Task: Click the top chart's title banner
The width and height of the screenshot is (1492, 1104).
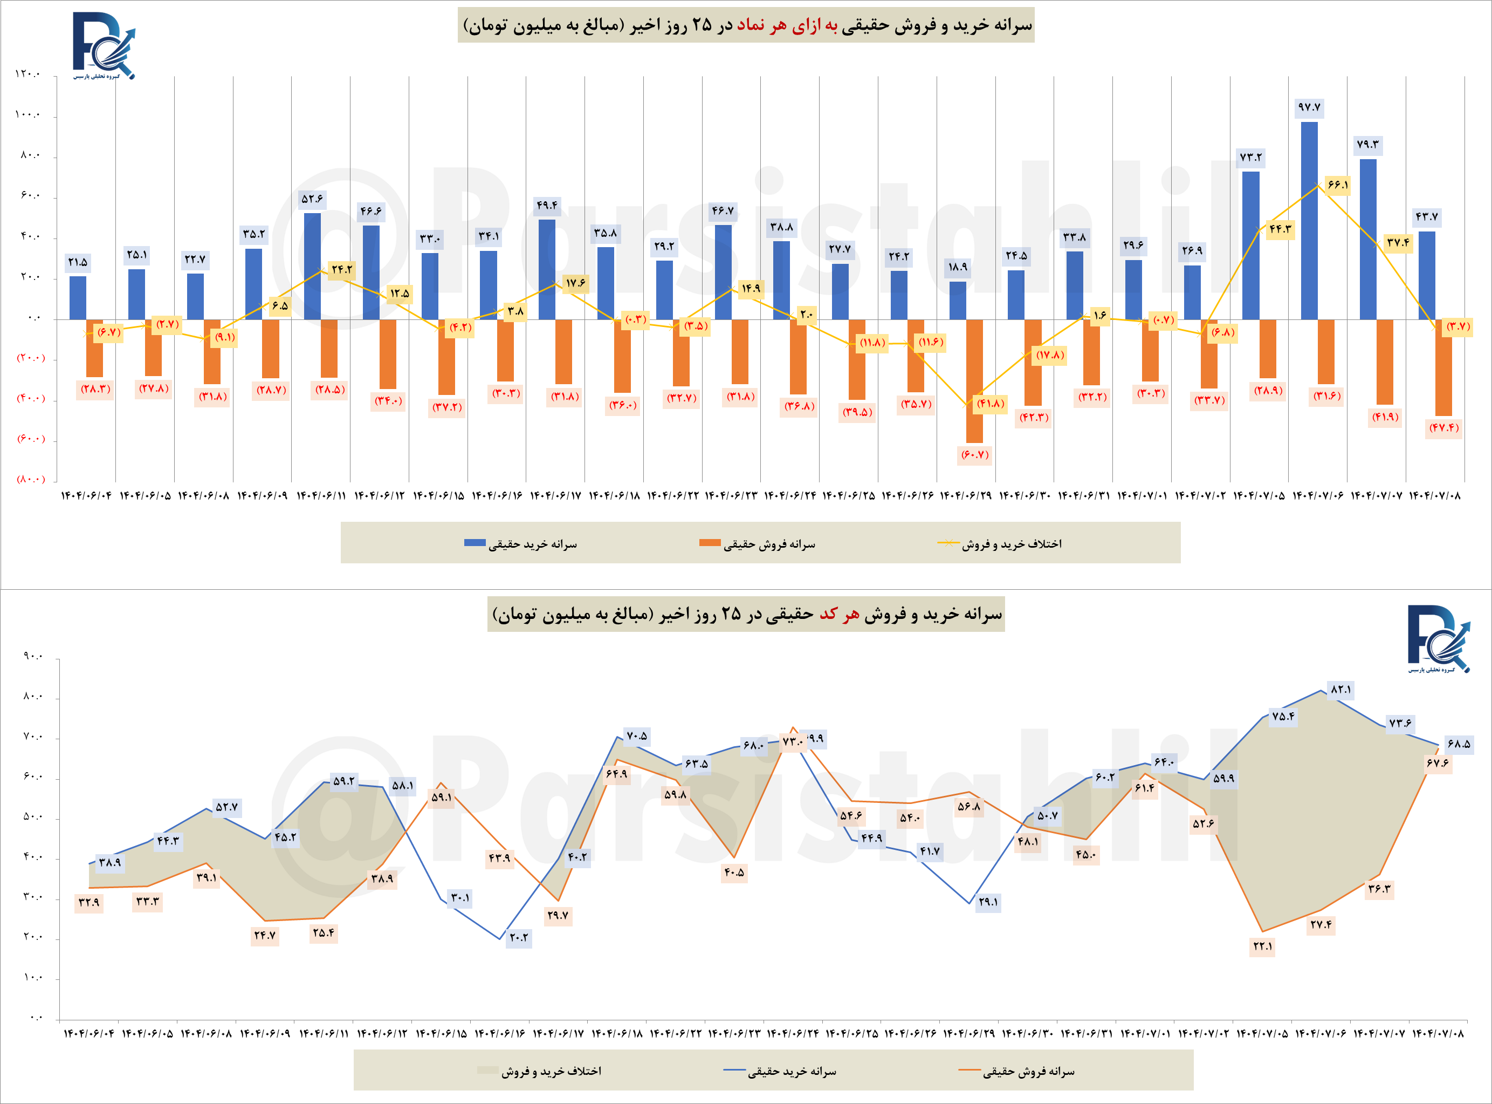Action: (746, 25)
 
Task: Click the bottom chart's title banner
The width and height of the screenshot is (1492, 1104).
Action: (746, 614)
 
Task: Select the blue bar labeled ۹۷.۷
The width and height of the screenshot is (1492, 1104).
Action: (1309, 221)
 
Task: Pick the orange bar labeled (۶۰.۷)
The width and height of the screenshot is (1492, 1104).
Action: (974, 381)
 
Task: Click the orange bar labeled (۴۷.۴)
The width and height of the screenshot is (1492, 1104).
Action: (1443, 367)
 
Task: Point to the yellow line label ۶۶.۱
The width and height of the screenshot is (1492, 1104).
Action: (1338, 185)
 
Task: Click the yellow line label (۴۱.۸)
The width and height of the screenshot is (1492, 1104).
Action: (991, 403)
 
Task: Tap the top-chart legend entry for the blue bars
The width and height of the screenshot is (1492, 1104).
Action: (521, 544)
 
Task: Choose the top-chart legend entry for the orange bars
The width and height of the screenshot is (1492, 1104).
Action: (758, 544)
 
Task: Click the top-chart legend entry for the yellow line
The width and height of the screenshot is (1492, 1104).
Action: (1000, 544)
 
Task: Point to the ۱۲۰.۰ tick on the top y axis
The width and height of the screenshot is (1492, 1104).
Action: (27, 74)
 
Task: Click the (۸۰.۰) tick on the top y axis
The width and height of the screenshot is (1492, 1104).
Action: (31, 479)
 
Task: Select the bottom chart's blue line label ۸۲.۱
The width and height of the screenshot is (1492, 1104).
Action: (1340, 690)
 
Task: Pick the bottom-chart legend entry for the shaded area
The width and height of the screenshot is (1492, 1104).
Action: (540, 1071)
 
